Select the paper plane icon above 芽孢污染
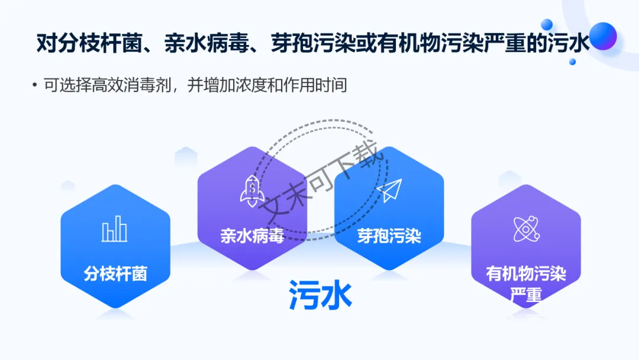coord(389,191)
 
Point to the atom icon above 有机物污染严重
coord(525,229)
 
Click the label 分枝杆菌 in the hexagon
coord(115,274)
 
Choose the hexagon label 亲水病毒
coord(252,236)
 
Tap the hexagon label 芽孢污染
coord(389,236)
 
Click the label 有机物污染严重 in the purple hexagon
coord(526,283)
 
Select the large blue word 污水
coord(320,294)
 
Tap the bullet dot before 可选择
coord(35,86)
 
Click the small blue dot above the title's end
coord(547,24)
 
